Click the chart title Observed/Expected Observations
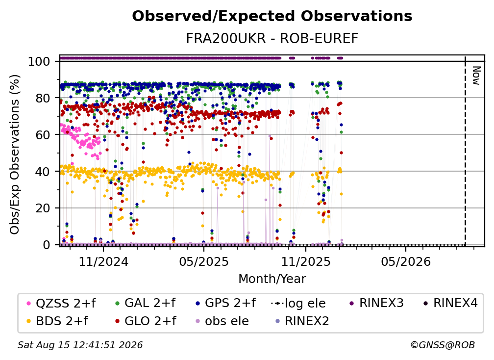(272, 16)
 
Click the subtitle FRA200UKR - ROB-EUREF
(272, 39)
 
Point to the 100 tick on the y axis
(39, 61)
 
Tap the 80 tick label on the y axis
(43, 99)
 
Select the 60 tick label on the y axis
(43, 135)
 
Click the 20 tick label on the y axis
(43, 208)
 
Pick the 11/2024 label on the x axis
(103, 261)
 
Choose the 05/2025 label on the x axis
(204, 261)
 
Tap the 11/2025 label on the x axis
(306, 261)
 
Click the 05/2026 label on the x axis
(406, 261)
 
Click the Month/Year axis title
(272, 279)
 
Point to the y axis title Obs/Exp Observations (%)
(15, 154)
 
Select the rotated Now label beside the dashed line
(476, 76)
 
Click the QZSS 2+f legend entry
(61, 303)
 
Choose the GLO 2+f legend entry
(145, 321)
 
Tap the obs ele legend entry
(221, 321)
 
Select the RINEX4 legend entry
(450, 303)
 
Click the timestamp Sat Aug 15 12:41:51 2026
(80, 345)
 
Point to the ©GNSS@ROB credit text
(443, 345)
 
